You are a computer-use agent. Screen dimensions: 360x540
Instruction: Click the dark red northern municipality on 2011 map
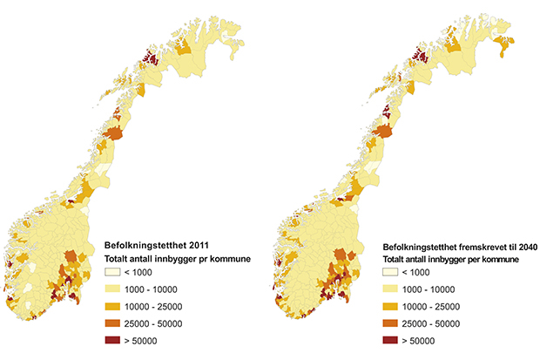click(x=149, y=58)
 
